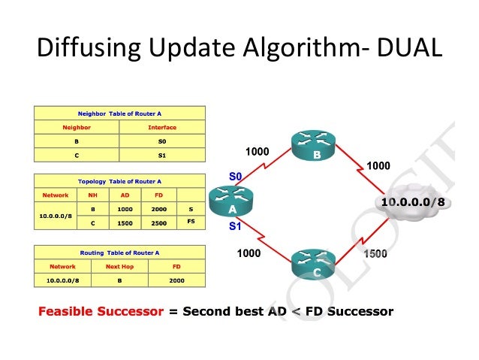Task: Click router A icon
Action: [x=233, y=201]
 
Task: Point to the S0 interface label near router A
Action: [x=235, y=177]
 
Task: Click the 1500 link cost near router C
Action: [x=375, y=254]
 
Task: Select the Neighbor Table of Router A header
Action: [x=120, y=113]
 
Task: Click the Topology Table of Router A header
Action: [x=120, y=181]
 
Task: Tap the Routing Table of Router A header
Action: [x=120, y=253]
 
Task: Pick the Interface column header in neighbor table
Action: [x=162, y=127]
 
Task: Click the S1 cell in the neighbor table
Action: [x=162, y=155]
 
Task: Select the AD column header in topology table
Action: [x=125, y=195]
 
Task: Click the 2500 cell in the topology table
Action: [x=159, y=222]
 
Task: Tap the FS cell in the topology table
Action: [x=191, y=222]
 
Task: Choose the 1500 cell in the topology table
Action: [x=125, y=222]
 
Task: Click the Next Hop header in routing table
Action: [x=119, y=266]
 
